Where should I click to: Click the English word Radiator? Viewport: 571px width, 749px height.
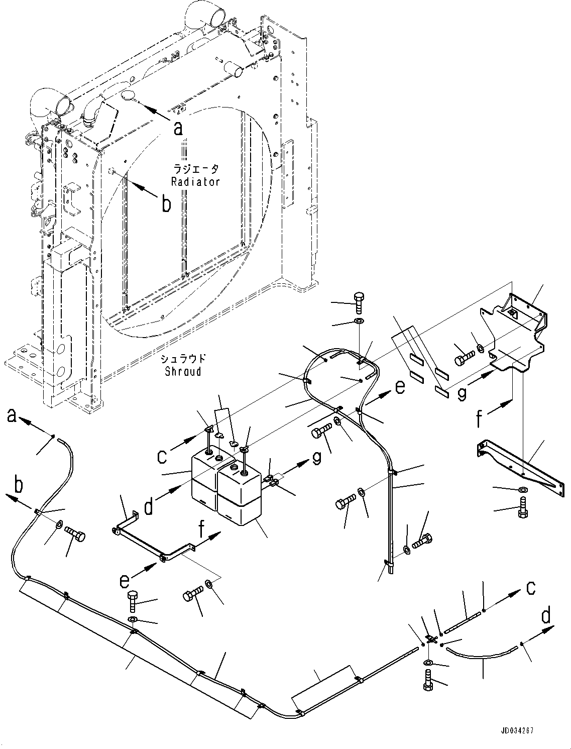[x=195, y=182]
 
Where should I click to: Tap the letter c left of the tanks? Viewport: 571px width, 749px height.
[x=162, y=456]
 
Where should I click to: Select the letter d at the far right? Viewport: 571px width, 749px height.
[x=546, y=614]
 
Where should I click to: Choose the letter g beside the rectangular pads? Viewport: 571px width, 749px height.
[x=462, y=392]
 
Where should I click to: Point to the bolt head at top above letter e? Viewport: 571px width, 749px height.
[x=359, y=302]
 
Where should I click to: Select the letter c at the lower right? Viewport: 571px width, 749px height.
[x=530, y=588]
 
